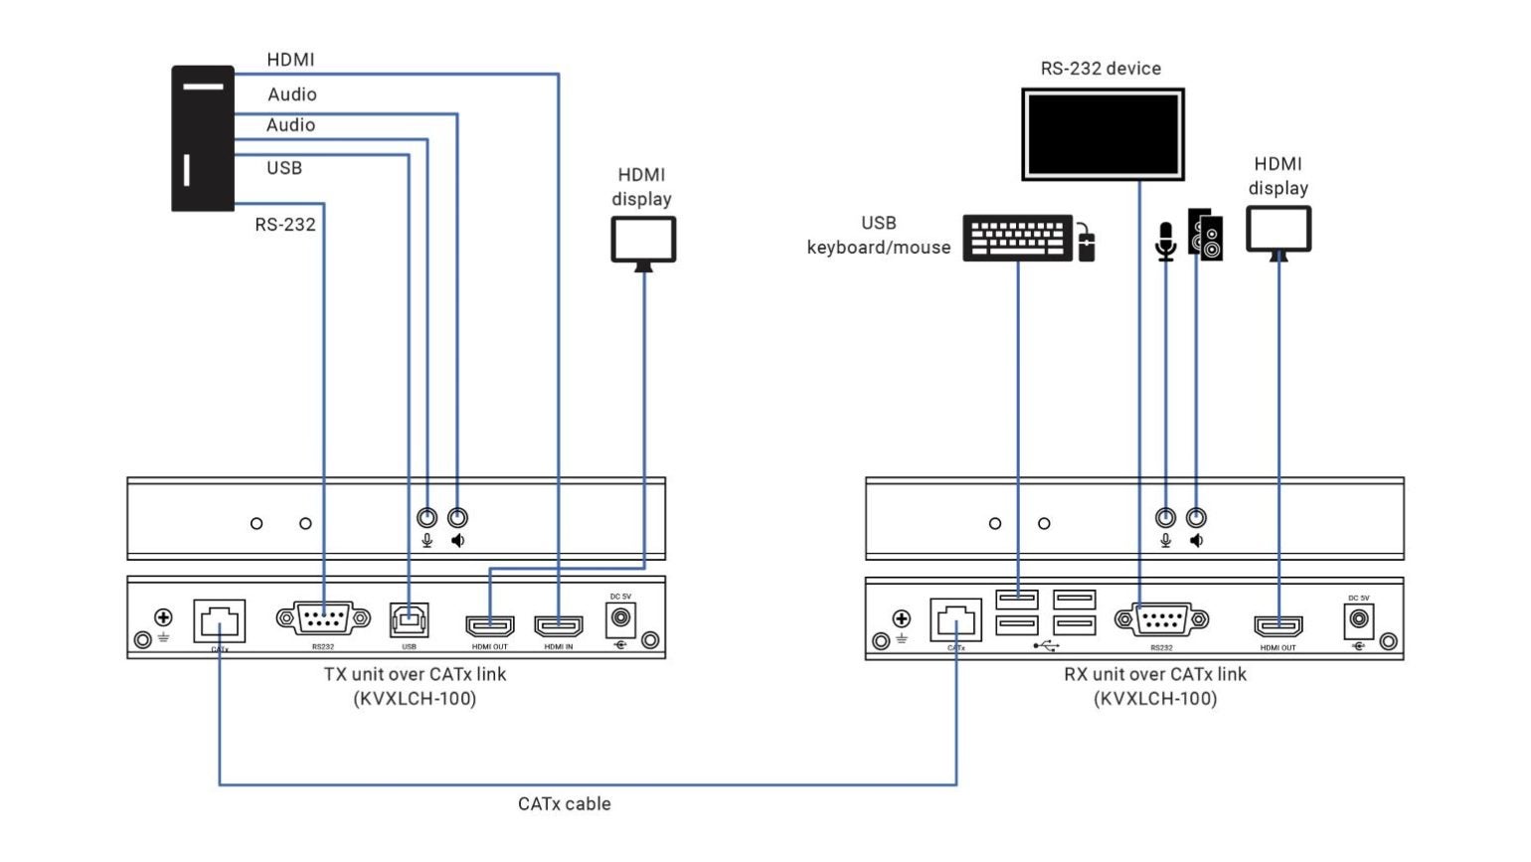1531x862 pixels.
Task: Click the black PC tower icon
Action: click(x=203, y=138)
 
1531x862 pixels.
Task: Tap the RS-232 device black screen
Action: click(x=1103, y=134)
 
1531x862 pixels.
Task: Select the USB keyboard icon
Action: click(x=1017, y=239)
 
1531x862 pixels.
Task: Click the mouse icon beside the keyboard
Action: click(x=1087, y=244)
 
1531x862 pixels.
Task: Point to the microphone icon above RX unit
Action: click(x=1165, y=241)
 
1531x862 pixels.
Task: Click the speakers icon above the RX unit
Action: click(x=1206, y=235)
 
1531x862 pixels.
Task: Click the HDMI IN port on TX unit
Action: click(x=559, y=625)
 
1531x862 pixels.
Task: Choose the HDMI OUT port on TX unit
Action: click(x=490, y=625)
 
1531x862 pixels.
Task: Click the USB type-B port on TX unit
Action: click(x=409, y=620)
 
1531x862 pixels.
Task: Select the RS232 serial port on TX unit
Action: click(x=323, y=619)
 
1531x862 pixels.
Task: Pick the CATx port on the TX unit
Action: click(x=220, y=621)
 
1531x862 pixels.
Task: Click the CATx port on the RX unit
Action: click(x=955, y=620)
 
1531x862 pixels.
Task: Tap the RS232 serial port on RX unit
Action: click(x=1161, y=620)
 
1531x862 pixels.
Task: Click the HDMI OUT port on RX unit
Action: click(x=1277, y=625)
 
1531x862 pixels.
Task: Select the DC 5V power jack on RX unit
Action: click(x=1358, y=619)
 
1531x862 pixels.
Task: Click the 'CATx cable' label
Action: click(x=564, y=803)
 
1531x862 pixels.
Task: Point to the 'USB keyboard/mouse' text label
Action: click(x=879, y=236)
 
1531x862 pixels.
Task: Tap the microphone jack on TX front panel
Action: click(x=426, y=518)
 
